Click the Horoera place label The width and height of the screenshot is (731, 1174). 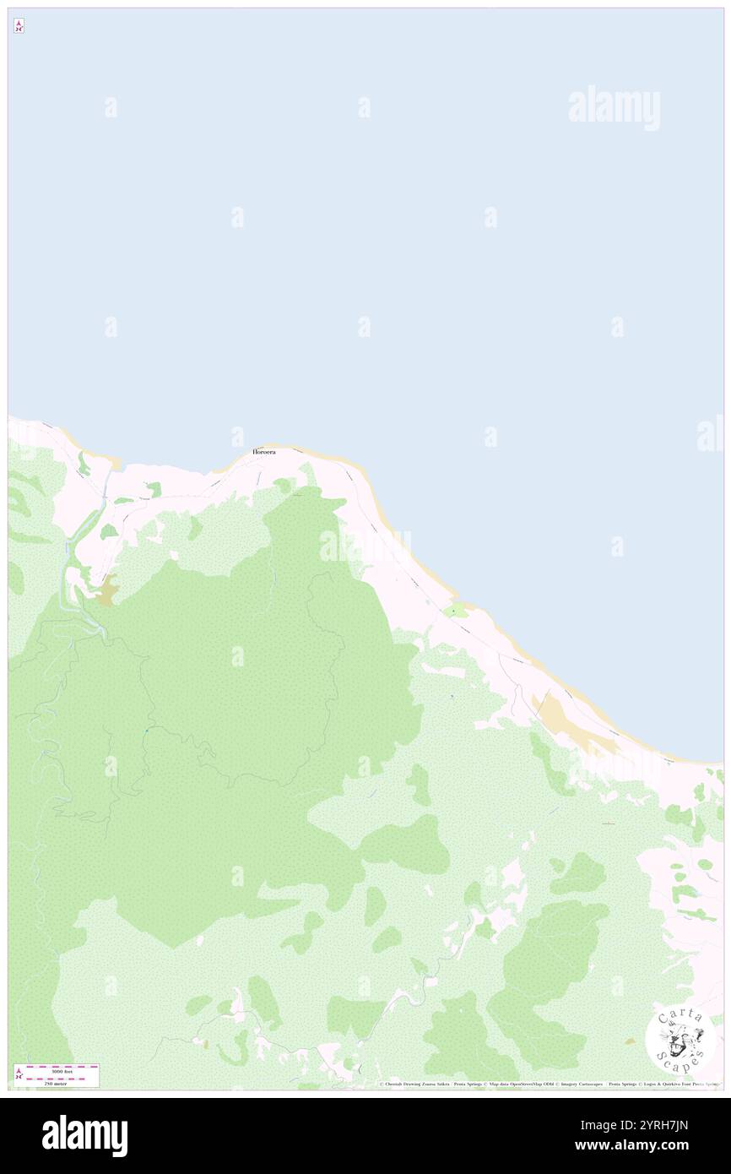[263, 452]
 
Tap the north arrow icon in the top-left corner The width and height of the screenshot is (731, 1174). [19, 26]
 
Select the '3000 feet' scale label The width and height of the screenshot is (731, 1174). [57, 1071]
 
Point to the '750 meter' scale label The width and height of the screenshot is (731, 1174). [55, 1084]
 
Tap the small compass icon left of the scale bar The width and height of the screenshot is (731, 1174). [19, 1073]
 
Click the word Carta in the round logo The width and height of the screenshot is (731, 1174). [680, 1016]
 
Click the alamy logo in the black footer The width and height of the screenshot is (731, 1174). [84, 1136]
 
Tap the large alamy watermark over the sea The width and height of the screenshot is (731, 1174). [614, 108]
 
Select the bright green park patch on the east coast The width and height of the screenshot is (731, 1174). [456, 611]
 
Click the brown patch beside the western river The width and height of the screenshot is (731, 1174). [106, 591]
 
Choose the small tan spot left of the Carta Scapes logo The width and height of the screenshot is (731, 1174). [630, 1041]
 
